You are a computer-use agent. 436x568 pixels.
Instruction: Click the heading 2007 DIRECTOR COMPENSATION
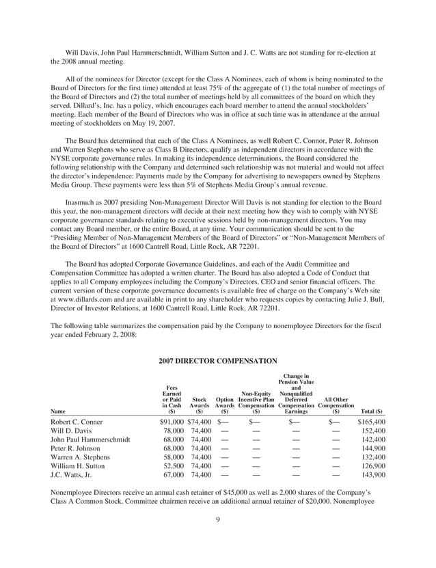(217, 360)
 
